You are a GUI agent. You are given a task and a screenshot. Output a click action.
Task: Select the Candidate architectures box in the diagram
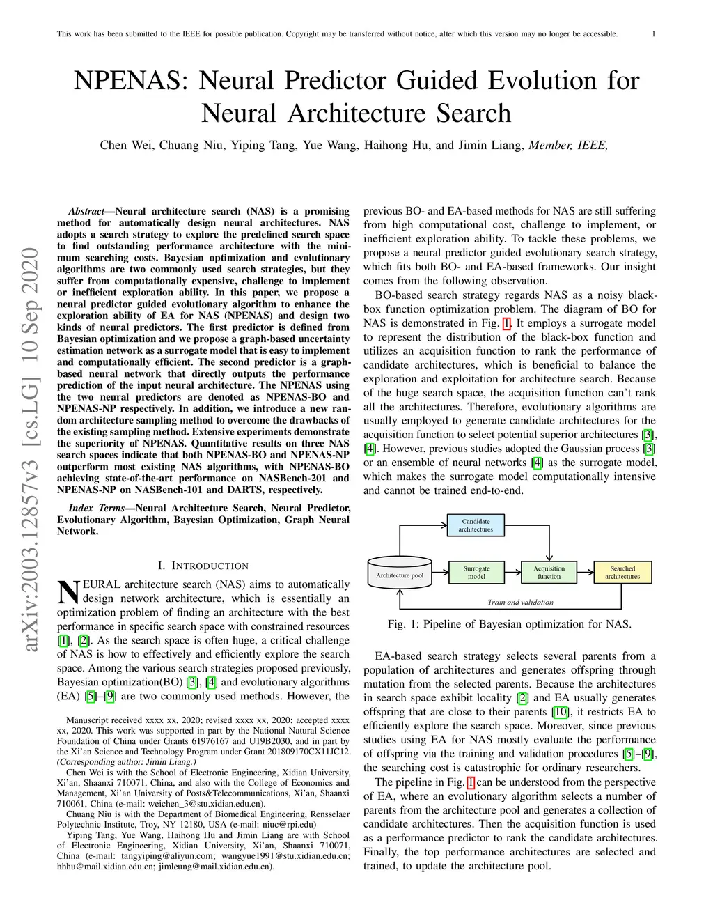point(476,525)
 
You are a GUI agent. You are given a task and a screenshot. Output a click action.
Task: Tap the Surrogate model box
point(476,573)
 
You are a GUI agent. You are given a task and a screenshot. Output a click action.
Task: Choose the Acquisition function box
point(549,573)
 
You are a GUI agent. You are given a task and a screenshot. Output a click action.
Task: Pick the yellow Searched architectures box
point(622,573)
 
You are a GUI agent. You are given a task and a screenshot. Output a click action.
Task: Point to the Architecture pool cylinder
point(400,574)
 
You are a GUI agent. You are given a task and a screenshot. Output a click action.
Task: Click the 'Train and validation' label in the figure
point(520,603)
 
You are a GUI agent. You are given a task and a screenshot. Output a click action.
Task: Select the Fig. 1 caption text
point(510,624)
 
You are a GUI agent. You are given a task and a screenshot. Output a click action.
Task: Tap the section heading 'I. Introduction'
point(203,566)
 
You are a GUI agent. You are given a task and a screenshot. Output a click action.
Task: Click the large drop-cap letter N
point(68,592)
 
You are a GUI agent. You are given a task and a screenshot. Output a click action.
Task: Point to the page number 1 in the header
point(653,33)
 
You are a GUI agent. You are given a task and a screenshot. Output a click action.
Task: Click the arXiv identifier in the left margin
point(31,449)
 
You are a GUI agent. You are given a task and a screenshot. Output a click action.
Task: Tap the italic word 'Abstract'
point(86,211)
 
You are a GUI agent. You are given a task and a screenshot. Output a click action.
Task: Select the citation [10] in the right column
point(561,712)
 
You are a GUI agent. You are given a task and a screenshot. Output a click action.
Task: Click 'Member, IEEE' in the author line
point(568,145)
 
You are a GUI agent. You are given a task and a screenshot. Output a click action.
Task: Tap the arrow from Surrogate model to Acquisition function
point(512,573)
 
